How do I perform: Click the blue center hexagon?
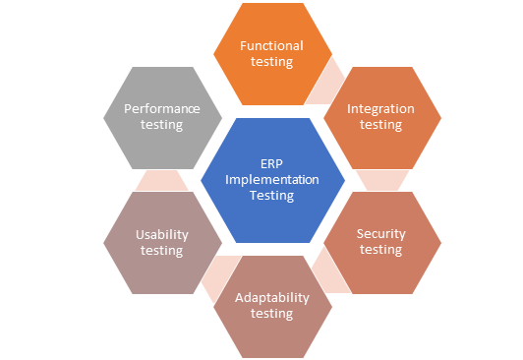272,180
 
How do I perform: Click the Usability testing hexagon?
161,242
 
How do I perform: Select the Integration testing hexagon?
380,116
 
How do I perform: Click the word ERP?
272,163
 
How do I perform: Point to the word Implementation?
272,179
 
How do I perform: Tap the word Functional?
272,45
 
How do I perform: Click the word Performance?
161,108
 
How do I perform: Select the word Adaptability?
272,297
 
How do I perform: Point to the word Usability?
161,234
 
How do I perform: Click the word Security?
380,233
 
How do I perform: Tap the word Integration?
380,108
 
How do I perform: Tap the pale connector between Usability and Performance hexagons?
161,179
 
